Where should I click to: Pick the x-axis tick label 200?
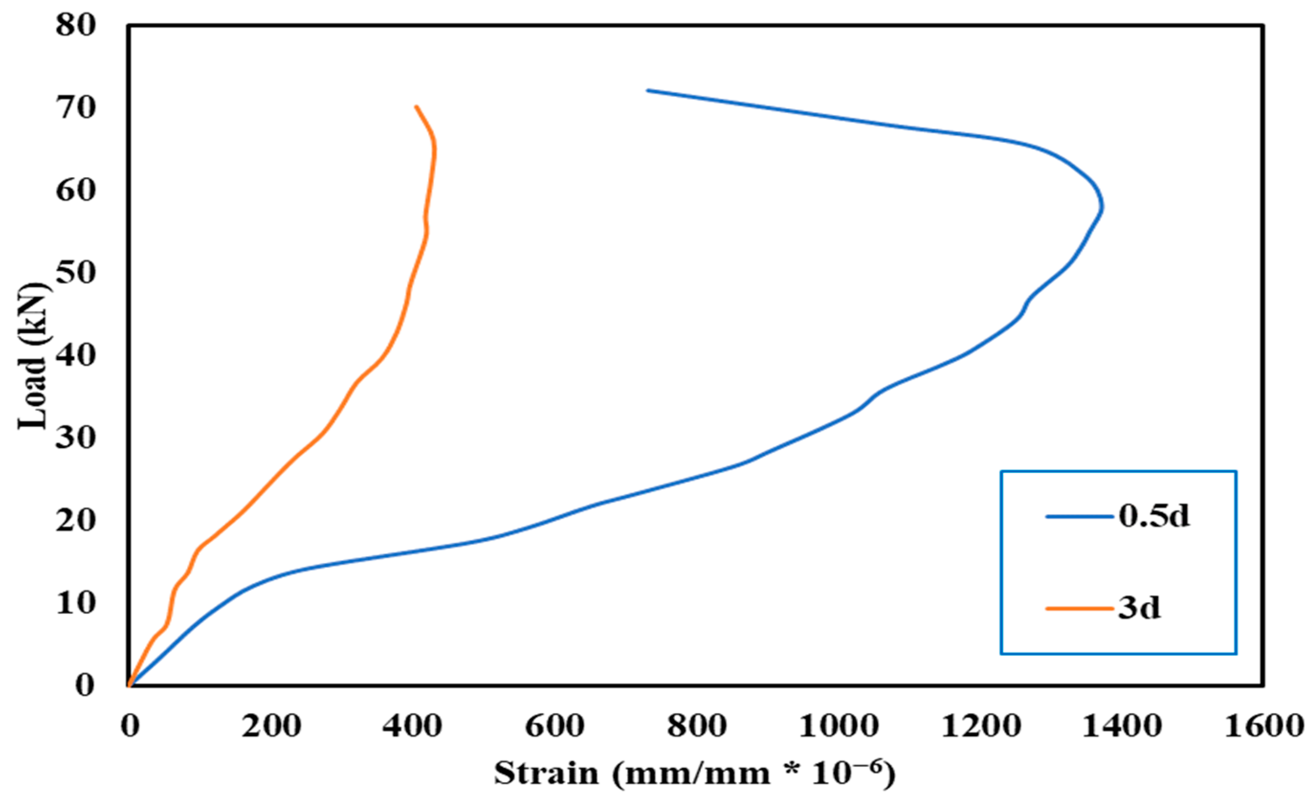click(271, 726)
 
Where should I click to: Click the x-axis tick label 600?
click(555, 726)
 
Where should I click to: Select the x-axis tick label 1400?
click(1122, 726)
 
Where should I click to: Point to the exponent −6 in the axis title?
click(865, 766)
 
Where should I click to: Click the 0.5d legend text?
click(1154, 516)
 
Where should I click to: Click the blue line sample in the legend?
click(1080, 516)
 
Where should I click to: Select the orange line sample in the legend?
click(1080, 608)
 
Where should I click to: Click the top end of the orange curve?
click(416, 106)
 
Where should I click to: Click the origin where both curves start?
click(130, 686)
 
